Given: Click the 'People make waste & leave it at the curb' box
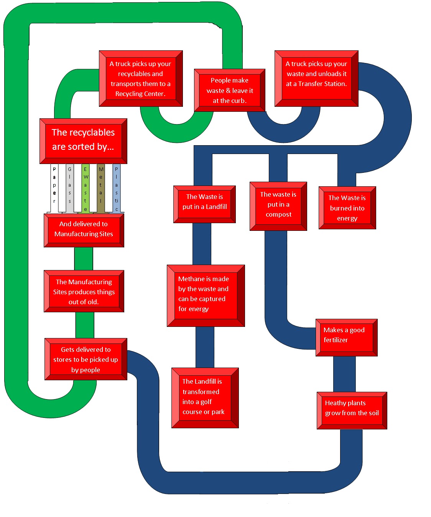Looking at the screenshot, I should pos(229,90).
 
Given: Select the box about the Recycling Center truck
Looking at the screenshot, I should pos(141,78).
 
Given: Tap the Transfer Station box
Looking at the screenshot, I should pos(316,78).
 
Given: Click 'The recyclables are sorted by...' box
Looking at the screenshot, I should pos(83,141).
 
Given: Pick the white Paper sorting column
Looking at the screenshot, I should pos(54,188).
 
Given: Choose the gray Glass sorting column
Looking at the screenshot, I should pos(70,188).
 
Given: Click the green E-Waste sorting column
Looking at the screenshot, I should pos(86,188).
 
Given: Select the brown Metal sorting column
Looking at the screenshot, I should pos(101,188).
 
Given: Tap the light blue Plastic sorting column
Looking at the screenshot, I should pos(117,188).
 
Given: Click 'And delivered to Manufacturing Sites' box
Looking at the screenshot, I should pos(84,230).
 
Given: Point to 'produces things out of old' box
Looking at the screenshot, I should pos(84,291).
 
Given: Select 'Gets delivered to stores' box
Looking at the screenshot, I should pos(86,359).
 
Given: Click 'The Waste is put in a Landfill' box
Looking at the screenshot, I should pos(204,204).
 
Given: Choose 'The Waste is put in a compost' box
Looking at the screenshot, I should pos(278,206).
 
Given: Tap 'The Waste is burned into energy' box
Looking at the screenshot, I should pos(347,208).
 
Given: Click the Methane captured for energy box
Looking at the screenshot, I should pos(206,295).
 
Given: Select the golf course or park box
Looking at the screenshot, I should pos(205,398).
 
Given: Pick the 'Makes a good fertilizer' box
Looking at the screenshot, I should pos(346,337).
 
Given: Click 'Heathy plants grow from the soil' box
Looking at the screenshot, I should pos(352,410).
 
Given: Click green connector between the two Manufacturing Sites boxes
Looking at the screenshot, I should pos(84,258).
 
